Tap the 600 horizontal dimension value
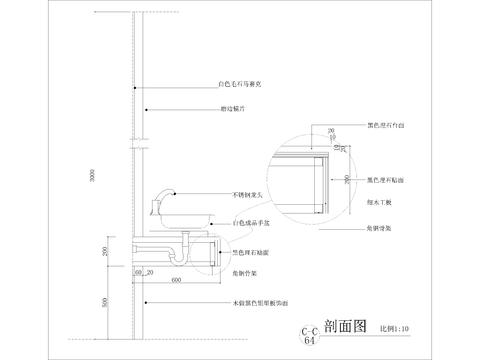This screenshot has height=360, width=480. point(176,281)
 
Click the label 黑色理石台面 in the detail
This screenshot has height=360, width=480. point(388,128)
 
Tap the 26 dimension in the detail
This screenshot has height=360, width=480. point(330,130)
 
